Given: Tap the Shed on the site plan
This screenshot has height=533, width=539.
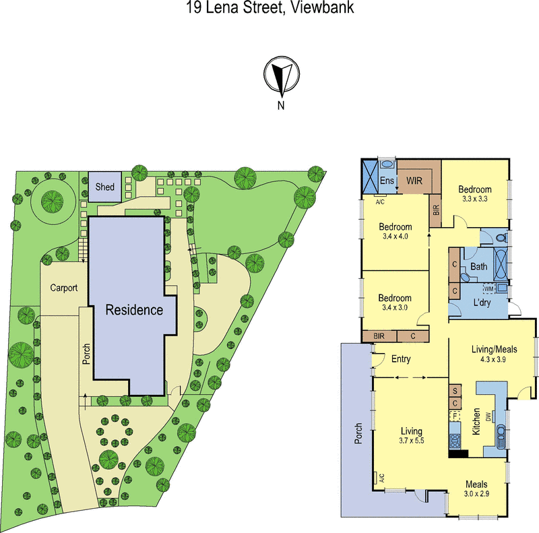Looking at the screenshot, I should (105, 187).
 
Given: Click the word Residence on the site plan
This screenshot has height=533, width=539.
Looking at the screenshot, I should (134, 310).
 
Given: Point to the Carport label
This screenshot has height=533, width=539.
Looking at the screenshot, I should (64, 288).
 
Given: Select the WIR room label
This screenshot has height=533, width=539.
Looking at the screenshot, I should (413, 181).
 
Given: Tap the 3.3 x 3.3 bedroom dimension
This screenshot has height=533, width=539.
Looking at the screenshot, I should (475, 199).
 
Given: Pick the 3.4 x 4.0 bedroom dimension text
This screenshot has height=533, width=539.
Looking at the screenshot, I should (394, 237).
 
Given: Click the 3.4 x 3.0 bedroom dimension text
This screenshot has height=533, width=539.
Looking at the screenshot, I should (394, 309).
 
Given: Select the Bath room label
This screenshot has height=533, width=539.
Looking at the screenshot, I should (479, 267).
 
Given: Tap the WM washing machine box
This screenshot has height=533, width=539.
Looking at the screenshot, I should (488, 288).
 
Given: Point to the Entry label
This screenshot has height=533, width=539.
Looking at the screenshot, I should (401, 359).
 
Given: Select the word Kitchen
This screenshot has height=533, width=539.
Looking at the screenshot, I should (476, 420).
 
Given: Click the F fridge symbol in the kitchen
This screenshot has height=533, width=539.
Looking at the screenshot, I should (455, 416).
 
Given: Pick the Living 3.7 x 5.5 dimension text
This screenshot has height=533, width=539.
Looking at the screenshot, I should (410, 441).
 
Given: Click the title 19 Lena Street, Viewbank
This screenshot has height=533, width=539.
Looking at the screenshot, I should (269, 9).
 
